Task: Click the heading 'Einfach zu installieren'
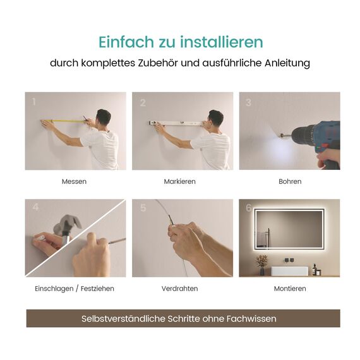click(x=180, y=42)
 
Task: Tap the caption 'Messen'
click(x=75, y=182)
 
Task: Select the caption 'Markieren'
click(x=180, y=182)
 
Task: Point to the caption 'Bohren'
click(x=290, y=182)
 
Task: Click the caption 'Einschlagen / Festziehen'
click(x=75, y=289)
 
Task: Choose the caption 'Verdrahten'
click(x=180, y=289)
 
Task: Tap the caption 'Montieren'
click(x=290, y=289)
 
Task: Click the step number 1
click(x=33, y=102)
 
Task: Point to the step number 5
click(x=143, y=208)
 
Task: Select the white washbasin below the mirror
click(x=289, y=270)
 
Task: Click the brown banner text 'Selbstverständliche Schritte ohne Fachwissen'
click(x=179, y=319)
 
